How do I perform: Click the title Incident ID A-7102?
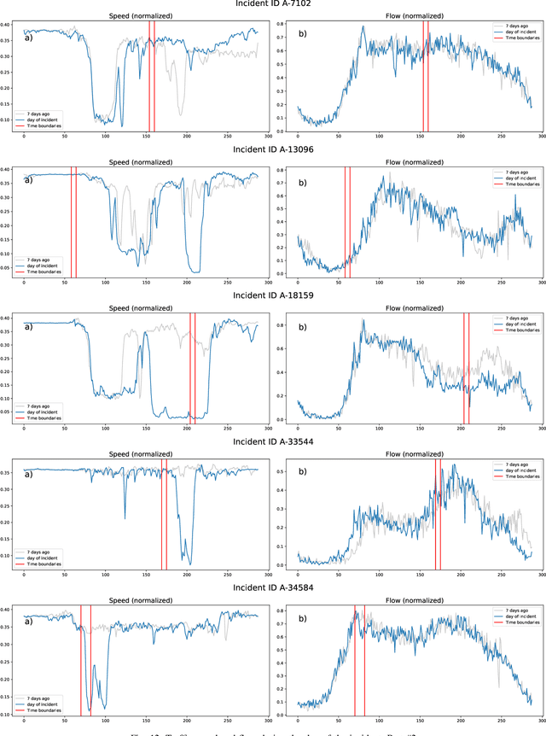pyautogui.click(x=273, y=4)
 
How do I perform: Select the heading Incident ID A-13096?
pyautogui.click(x=273, y=149)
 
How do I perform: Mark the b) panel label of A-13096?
pyautogui.click(x=303, y=182)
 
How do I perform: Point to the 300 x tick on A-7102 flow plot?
pyautogui.click(x=541, y=137)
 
